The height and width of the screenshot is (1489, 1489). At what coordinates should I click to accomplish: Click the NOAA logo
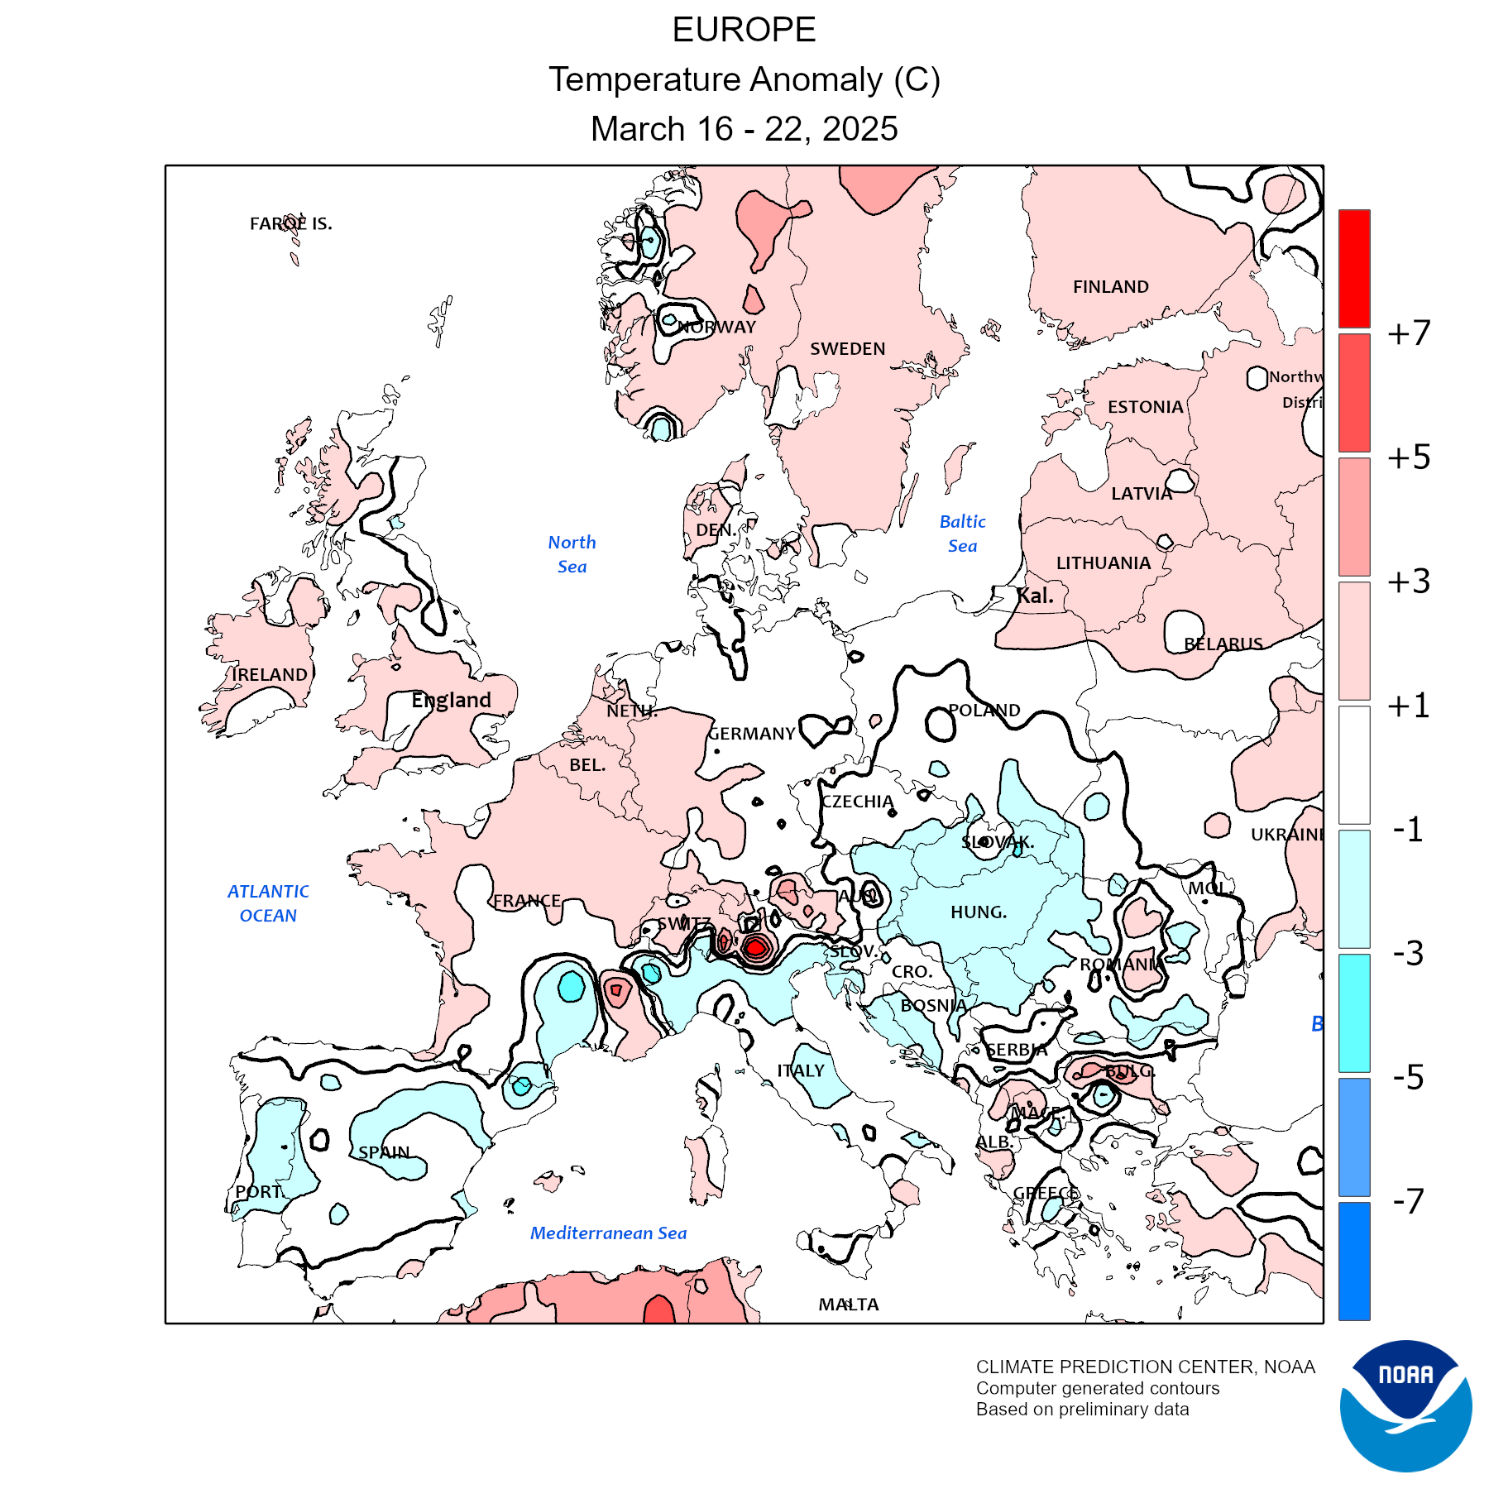(x=1405, y=1405)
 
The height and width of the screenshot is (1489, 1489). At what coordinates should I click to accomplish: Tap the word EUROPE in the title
(x=744, y=31)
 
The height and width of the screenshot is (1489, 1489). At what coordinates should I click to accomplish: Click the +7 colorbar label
(x=1409, y=333)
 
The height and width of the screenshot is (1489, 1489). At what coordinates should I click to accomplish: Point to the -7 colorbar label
(x=1409, y=1201)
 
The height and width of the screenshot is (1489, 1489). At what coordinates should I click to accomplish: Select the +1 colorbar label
(x=1409, y=706)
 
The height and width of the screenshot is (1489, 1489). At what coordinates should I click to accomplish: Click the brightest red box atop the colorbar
(x=1354, y=269)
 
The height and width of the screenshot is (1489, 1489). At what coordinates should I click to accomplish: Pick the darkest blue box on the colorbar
(x=1354, y=1261)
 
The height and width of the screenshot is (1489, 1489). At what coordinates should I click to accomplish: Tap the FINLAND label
(x=1110, y=287)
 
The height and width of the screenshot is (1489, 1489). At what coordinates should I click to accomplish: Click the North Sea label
(x=572, y=554)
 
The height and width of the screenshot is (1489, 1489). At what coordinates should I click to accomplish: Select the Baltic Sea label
(x=963, y=534)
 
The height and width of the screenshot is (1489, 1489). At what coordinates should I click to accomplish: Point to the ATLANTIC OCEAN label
(x=268, y=903)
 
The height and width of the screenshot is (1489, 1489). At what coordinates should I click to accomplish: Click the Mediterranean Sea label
(x=608, y=1233)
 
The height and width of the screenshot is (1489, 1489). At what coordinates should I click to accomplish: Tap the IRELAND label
(x=270, y=675)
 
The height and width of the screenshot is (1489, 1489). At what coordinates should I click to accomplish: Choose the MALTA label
(x=849, y=1305)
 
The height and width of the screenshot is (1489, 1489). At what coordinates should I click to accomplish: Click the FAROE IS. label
(x=290, y=223)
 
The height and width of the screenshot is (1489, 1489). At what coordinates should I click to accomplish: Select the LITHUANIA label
(x=1104, y=563)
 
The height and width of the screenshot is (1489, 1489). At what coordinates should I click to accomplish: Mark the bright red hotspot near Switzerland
(x=754, y=948)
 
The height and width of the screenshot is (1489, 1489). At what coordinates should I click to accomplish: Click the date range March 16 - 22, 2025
(x=744, y=129)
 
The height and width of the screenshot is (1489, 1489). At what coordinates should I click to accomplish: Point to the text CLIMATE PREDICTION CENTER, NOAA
(x=1145, y=1367)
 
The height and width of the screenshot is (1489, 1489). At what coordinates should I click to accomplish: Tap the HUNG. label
(x=979, y=912)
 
